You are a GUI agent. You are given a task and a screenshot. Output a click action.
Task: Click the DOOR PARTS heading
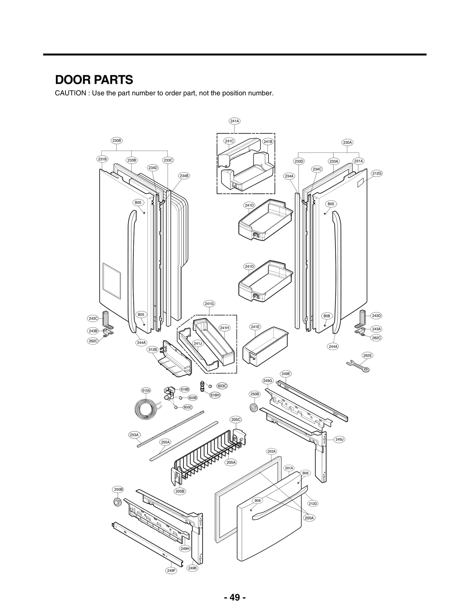coord(94,80)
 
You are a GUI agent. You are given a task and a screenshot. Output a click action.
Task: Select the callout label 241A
coord(235,121)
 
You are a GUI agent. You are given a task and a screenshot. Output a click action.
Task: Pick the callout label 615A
coord(146,390)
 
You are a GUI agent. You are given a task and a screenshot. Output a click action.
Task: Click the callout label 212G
coord(377,173)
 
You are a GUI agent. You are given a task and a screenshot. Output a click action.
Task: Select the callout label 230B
coord(117,140)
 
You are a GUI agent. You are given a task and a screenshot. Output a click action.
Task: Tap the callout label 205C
coord(236,419)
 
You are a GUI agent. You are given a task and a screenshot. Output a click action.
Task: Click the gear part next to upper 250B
coord(253,407)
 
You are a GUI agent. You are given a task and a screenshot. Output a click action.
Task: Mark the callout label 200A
coord(309,518)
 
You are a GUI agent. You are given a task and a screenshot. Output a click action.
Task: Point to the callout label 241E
coord(255,327)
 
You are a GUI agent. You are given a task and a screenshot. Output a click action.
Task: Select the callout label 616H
coord(215,395)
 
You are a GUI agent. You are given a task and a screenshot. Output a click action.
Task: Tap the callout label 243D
coord(377,316)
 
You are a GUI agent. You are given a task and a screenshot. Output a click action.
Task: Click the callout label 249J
coord(339,447)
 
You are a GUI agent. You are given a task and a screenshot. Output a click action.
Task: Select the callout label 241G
coord(209,303)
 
